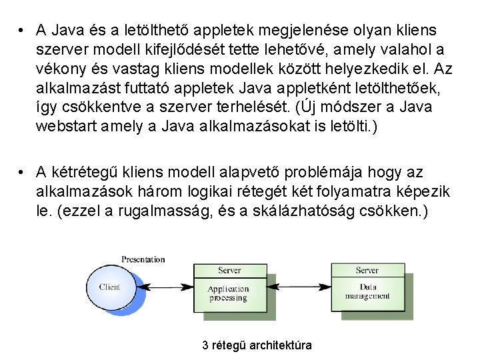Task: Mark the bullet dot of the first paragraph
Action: [x=23, y=30]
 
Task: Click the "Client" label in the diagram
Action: [x=109, y=287]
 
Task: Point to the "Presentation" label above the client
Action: [x=143, y=259]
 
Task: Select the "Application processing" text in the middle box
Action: [x=228, y=293]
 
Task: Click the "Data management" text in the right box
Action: [x=366, y=291]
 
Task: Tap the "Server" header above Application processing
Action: [x=229, y=270]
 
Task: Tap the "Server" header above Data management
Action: [x=367, y=270]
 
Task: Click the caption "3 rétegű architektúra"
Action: [x=257, y=345]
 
